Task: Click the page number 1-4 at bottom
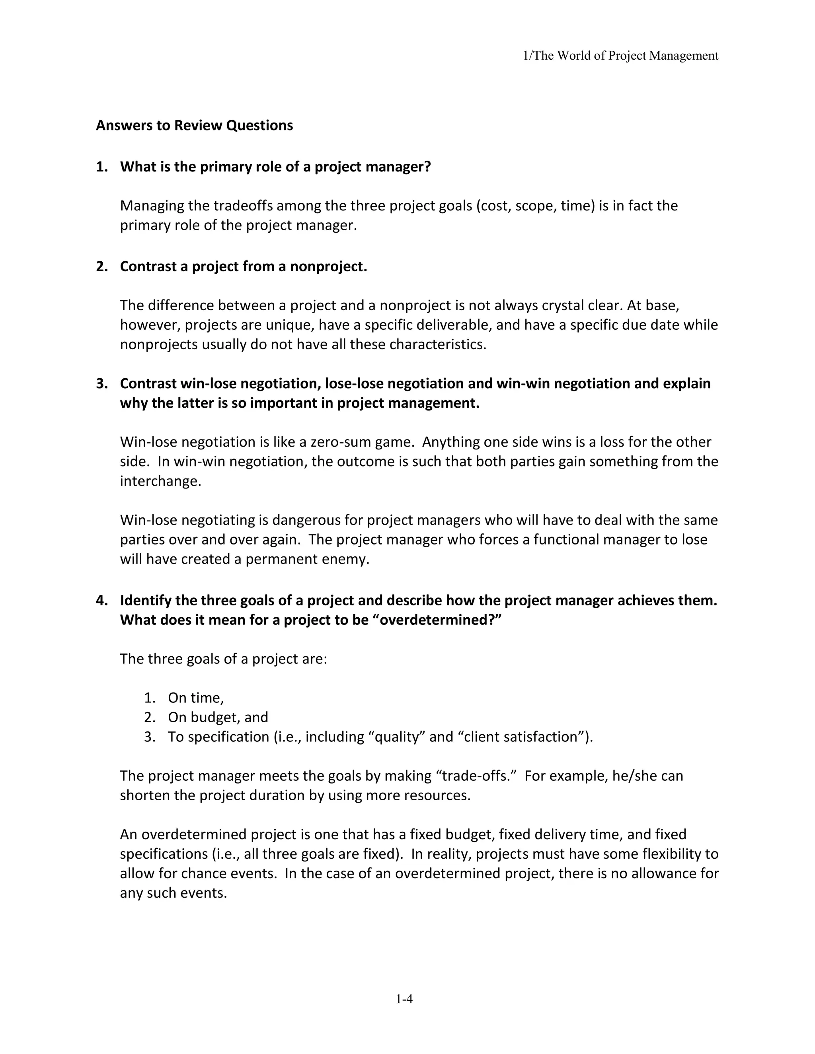(x=404, y=999)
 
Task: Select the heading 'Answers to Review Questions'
(x=194, y=125)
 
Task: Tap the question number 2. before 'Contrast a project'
(x=101, y=266)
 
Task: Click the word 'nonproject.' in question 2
(x=328, y=266)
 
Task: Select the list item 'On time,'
(x=195, y=698)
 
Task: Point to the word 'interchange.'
(x=160, y=481)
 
